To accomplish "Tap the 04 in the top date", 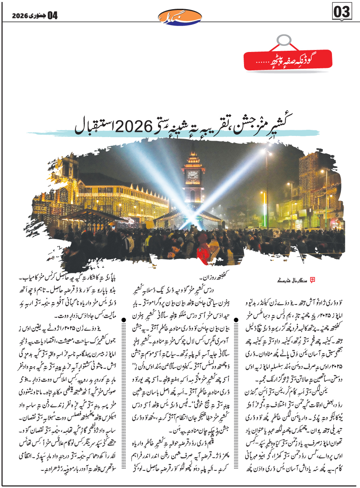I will (52, 16).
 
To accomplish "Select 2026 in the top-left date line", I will (18, 16).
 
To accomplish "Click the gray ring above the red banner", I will (284, 40).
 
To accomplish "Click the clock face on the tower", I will (193, 175).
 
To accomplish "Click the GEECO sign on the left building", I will (40, 208).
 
